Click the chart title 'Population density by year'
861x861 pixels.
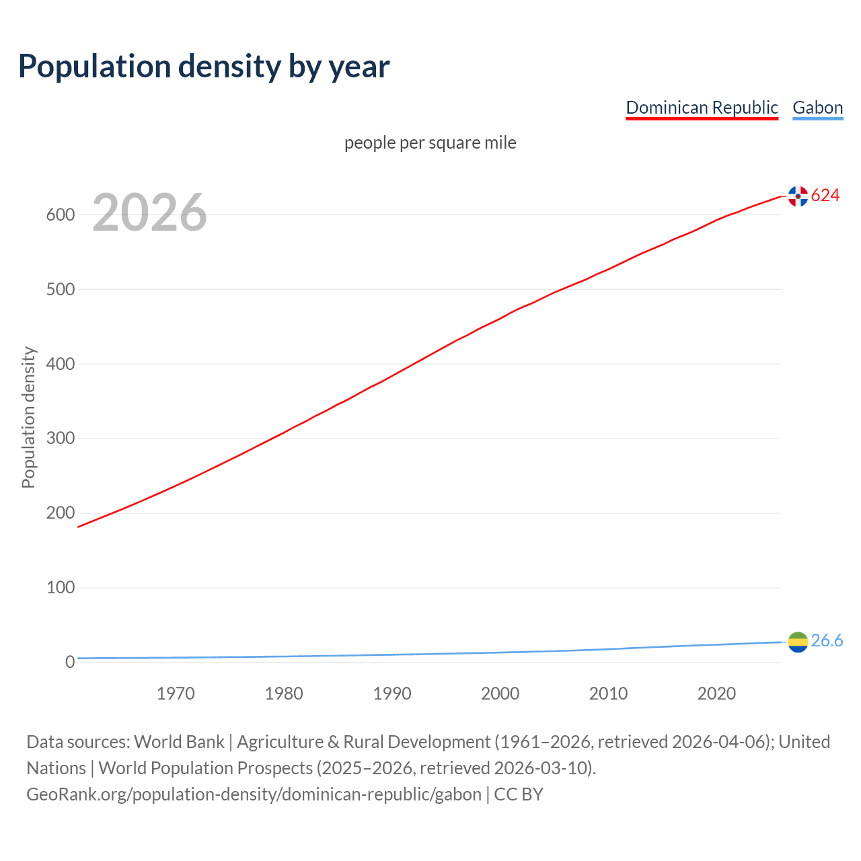204,66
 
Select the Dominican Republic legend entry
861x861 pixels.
702,108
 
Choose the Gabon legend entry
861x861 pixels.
817,108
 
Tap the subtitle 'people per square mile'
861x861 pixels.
430,143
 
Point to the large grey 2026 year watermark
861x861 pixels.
149,213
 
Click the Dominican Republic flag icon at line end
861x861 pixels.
798,196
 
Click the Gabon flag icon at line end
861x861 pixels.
798,642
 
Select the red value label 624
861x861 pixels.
825,195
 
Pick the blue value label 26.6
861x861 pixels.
827,640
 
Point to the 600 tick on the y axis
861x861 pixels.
60,215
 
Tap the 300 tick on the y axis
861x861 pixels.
60,439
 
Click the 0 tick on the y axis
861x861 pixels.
70,662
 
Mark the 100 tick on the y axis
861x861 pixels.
60,587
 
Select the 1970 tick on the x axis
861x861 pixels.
176,694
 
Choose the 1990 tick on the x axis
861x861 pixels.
392,694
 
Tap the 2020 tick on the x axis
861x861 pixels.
716,694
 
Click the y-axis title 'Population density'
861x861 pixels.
28,417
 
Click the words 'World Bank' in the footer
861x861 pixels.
179,742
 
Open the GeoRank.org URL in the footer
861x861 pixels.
254,794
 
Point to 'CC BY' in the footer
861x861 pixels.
519,794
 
